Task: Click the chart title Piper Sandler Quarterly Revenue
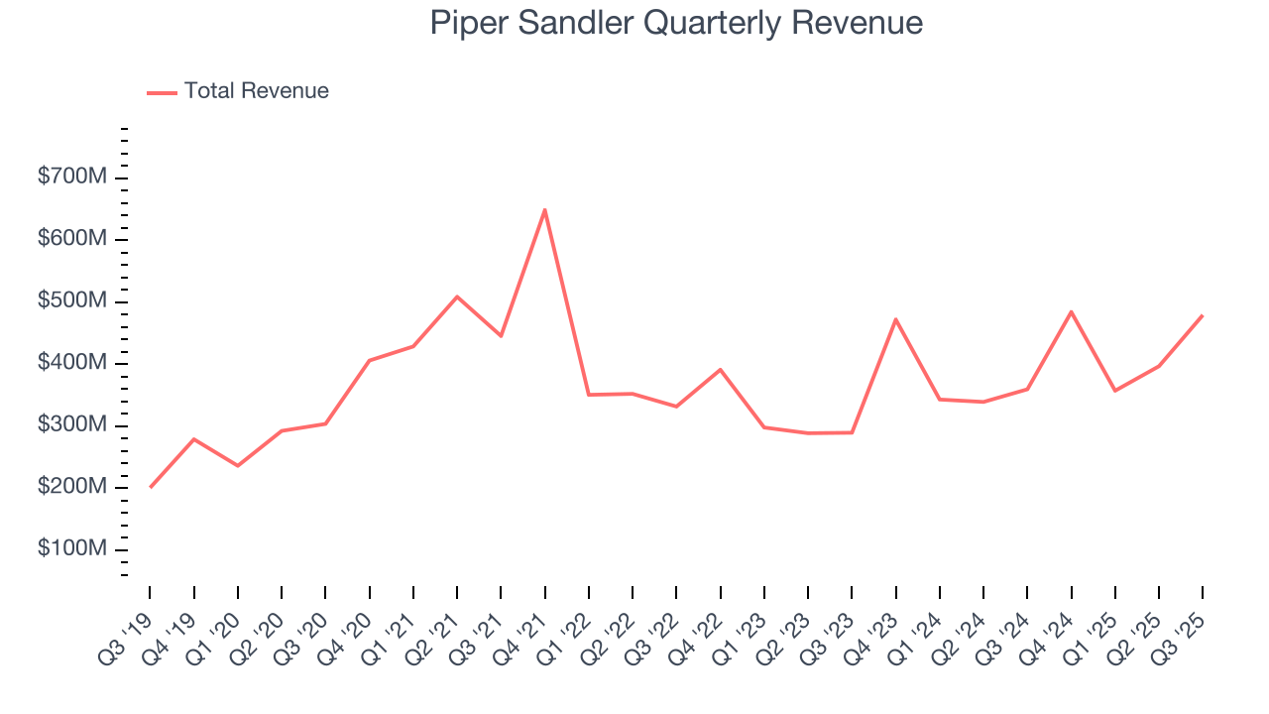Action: pyautogui.click(x=676, y=23)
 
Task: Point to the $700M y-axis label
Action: pyautogui.click(x=71, y=178)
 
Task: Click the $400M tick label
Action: pyautogui.click(x=71, y=364)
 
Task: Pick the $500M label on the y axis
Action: pyautogui.click(x=71, y=301)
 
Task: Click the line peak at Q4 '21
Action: pyautogui.click(x=544, y=209)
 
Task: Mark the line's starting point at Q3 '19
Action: pyautogui.click(x=150, y=487)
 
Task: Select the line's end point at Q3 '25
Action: pyautogui.click(x=1203, y=315)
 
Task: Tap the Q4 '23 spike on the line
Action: pyautogui.click(x=895, y=319)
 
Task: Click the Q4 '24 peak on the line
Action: pyautogui.click(x=1071, y=311)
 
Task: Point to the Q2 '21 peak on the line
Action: pyautogui.click(x=457, y=297)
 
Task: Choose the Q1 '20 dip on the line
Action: pyautogui.click(x=238, y=466)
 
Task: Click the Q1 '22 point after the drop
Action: pyautogui.click(x=589, y=395)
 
